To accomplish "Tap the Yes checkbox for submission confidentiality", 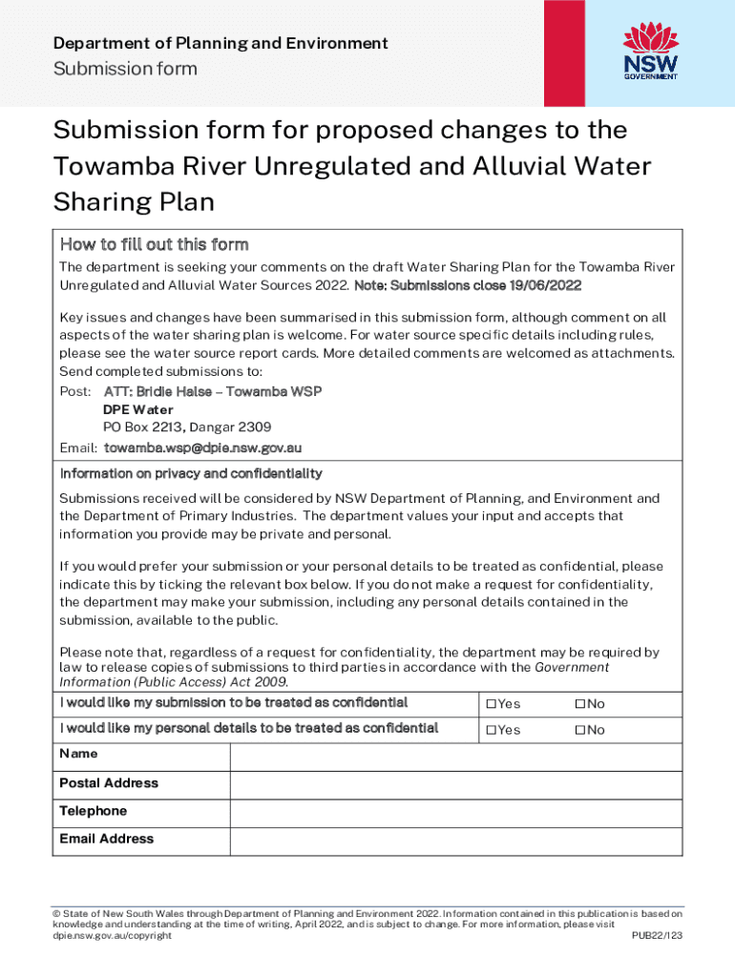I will pos(491,704).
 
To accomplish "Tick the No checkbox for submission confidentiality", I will pos(578,704).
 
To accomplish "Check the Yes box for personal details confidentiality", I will pos(491,730).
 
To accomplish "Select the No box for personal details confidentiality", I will pos(578,730).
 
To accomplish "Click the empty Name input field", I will pos(456,757).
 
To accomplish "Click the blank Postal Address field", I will pos(456,784).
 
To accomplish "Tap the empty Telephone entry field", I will pos(456,812).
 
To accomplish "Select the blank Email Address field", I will pos(456,841).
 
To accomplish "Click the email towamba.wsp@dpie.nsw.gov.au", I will pos(203,447).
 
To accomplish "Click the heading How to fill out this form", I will pos(154,244).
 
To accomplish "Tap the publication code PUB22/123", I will pos(657,936).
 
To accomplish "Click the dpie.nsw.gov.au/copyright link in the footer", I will pos(112,936).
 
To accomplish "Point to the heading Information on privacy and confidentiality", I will pos(191,473).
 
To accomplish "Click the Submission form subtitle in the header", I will pos(125,69).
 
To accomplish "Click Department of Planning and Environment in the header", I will pos(220,43).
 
